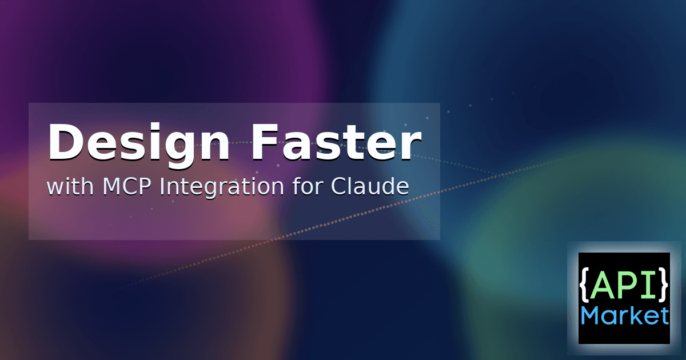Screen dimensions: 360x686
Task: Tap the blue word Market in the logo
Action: point(624,315)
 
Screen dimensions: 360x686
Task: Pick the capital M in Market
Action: point(590,315)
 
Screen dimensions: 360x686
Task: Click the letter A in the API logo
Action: point(603,285)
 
